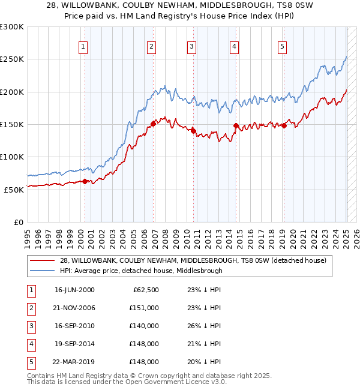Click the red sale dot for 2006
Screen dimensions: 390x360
tap(153, 124)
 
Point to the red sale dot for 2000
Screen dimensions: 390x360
tap(85, 181)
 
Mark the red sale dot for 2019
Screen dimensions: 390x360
tap(284, 125)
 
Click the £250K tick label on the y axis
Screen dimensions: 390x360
tap(12, 59)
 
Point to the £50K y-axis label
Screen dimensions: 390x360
tap(14, 190)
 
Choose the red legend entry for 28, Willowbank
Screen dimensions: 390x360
tap(192, 260)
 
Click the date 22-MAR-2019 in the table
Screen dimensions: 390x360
tap(74, 362)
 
